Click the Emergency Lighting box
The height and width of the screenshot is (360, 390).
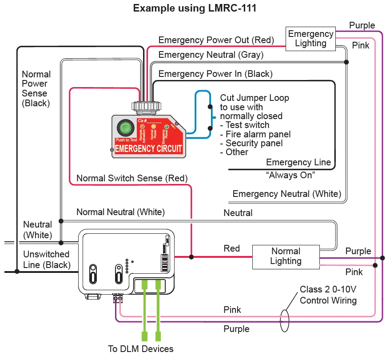[x=310, y=39]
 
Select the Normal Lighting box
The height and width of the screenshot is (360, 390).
[x=286, y=256]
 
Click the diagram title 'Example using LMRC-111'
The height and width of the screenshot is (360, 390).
[x=195, y=8]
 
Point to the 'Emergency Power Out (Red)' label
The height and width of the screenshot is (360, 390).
[x=216, y=40]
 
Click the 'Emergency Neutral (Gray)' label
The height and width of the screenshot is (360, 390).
[x=211, y=55]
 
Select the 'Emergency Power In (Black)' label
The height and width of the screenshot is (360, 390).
[x=215, y=74]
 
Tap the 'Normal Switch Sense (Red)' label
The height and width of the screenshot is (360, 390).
[x=132, y=178]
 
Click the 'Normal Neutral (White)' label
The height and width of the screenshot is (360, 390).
[x=120, y=212]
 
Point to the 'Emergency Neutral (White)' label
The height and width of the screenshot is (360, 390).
[x=287, y=194]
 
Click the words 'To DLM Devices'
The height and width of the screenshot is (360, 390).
[x=141, y=348]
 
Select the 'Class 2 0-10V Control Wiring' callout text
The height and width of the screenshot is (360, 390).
[x=328, y=295]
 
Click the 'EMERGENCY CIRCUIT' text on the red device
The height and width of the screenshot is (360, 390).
[x=148, y=148]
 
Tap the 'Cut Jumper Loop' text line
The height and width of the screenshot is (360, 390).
[x=255, y=98]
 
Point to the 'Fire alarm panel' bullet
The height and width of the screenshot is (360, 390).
[x=258, y=134]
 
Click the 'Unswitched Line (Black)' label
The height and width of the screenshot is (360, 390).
[x=46, y=260]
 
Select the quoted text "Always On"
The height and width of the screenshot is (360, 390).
[x=290, y=175]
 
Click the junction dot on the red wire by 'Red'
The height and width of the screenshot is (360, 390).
[x=191, y=257]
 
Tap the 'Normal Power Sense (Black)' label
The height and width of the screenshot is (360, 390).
[x=36, y=88]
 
